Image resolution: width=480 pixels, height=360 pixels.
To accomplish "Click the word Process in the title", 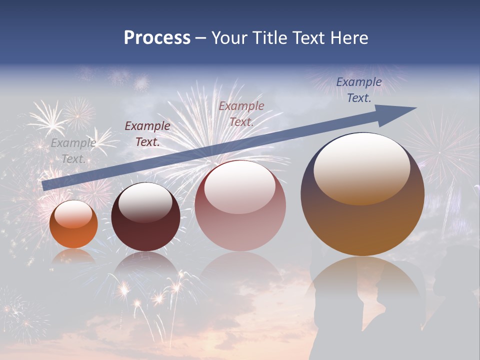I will coord(157,38).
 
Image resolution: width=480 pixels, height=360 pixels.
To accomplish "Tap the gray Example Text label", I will coord(73,150).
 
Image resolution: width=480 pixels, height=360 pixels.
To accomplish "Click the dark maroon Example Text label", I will coord(147,133).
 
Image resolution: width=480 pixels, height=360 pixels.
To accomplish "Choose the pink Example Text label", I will coord(241,113).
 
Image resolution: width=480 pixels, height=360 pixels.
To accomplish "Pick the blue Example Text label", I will coord(358,90).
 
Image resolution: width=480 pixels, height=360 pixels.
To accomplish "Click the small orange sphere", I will coord(73,230).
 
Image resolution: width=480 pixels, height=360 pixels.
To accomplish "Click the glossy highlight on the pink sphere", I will coord(240,186).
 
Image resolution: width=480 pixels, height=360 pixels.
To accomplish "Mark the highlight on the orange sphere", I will coord(73,214).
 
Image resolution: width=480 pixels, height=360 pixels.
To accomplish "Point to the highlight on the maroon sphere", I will coord(145,202).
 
